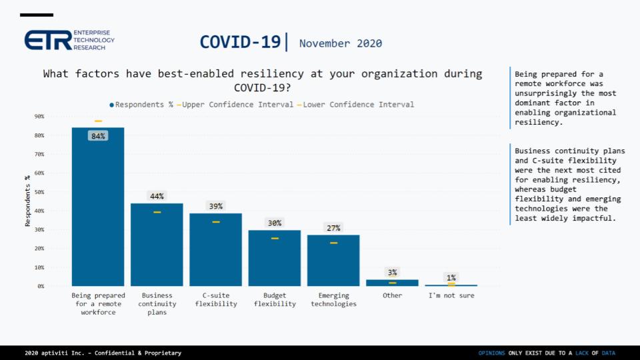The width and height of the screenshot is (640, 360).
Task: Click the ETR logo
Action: point(69,40)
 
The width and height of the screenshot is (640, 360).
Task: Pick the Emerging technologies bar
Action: point(333,260)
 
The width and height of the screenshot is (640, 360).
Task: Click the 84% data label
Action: point(98,136)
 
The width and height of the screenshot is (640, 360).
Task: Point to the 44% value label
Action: point(157,196)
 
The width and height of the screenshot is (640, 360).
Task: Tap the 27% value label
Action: point(333,228)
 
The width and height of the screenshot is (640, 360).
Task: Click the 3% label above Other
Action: point(392,272)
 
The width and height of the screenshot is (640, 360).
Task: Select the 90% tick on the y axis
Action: point(39,117)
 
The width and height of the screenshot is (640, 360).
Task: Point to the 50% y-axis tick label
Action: point(39,192)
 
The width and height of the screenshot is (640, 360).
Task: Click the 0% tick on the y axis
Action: point(41,286)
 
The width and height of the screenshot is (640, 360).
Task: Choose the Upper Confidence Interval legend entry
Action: point(235,105)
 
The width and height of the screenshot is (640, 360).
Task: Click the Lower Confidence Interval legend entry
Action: point(355,105)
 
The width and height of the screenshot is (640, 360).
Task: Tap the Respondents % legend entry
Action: point(141,105)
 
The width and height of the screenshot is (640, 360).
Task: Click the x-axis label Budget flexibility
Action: point(275,299)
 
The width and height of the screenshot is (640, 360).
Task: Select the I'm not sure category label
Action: point(451,295)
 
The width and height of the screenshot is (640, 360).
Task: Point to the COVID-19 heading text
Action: point(240,42)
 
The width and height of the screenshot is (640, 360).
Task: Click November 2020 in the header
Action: point(341,43)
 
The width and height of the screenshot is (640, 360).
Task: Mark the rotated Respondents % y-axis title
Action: point(28,201)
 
